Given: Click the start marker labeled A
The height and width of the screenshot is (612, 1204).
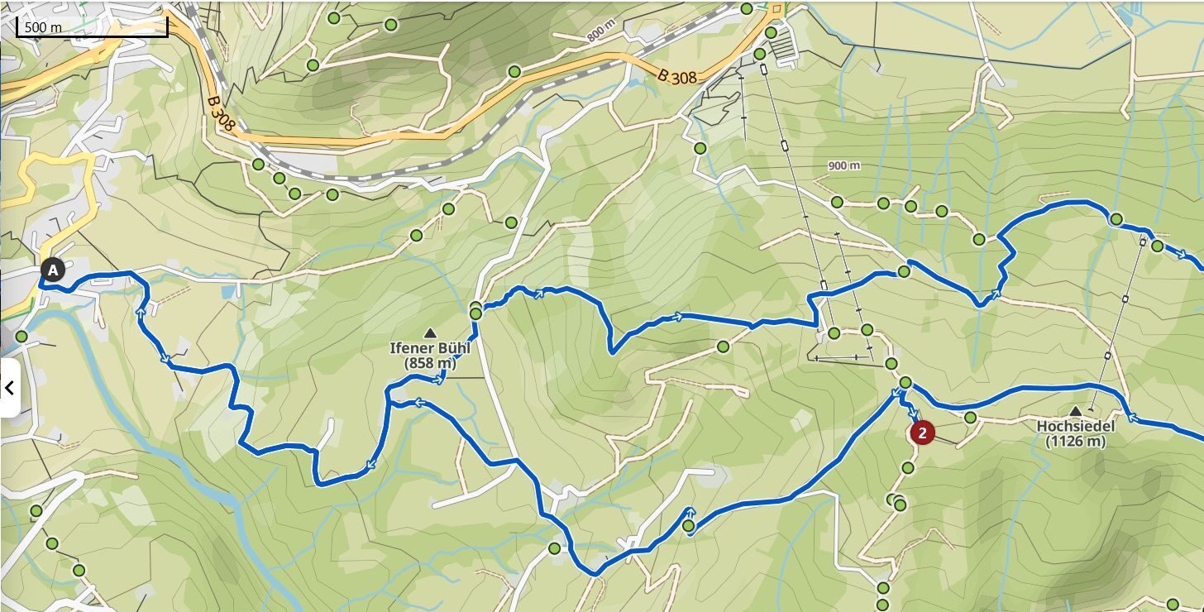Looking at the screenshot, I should point(53,270).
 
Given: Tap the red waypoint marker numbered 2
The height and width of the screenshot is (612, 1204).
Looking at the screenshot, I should point(922,432).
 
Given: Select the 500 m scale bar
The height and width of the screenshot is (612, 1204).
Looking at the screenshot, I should point(92,27).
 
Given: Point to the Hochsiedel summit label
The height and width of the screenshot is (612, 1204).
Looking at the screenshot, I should point(1075,426).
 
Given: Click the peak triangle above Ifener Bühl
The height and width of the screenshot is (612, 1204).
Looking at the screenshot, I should point(429,333).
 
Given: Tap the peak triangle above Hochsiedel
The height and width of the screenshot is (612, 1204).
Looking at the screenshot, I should point(1075,411).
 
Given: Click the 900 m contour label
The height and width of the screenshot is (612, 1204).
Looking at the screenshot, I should point(843,165).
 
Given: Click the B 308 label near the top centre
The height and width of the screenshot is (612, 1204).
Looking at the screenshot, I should point(677,76).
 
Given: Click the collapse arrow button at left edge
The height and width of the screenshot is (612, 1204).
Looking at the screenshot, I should point(9,387).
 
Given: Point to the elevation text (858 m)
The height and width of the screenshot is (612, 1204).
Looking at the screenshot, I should point(429,363).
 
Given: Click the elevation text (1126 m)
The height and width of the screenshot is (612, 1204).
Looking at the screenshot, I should point(1075,441).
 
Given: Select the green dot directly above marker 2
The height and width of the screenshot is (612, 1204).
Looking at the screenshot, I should point(905,383).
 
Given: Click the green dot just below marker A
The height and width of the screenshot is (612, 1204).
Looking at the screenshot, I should point(21,337).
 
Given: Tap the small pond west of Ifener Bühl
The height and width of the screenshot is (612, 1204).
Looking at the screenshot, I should point(227,292).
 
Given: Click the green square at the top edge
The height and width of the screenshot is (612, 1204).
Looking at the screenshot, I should point(776,10).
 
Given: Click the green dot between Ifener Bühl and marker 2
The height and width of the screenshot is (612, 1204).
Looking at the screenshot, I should point(724,347).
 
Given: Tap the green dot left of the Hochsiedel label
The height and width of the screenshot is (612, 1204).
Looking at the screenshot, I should point(970,418).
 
